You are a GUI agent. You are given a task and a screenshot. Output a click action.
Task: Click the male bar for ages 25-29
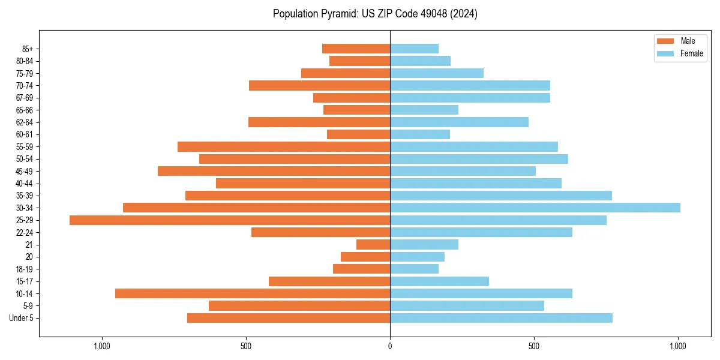click(230, 220)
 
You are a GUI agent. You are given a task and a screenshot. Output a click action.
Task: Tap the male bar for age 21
click(373, 245)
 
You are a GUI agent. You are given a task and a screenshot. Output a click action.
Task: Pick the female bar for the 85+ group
click(414, 49)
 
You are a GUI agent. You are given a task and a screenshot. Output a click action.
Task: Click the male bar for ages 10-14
click(253, 293)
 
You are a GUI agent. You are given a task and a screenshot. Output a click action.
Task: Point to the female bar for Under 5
click(501, 318)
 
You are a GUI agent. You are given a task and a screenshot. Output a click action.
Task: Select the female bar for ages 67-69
click(470, 98)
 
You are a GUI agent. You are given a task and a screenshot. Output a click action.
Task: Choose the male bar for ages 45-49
click(274, 171)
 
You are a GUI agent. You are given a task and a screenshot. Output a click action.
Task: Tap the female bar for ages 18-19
click(414, 269)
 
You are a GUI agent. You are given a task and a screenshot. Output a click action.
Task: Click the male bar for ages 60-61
click(358, 134)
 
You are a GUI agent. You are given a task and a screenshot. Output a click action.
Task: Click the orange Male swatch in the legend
click(665, 41)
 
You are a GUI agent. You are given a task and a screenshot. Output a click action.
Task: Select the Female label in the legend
click(691, 53)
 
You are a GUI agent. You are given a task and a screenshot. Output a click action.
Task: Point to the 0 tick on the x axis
click(390, 346)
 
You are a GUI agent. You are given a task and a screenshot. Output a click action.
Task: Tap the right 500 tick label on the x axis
click(534, 346)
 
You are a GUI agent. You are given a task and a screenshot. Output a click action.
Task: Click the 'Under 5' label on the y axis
click(21, 318)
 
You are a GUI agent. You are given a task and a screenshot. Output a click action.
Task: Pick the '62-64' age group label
click(25, 122)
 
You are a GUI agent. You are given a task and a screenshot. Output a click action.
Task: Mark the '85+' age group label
click(27, 49)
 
